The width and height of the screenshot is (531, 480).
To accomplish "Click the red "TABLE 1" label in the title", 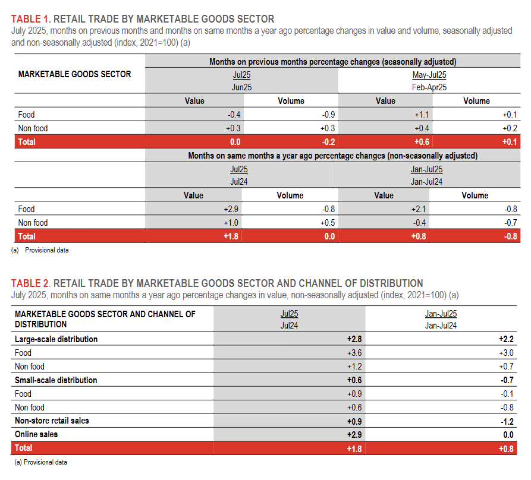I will [31, 19].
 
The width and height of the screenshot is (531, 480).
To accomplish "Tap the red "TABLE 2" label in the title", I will [31, 283].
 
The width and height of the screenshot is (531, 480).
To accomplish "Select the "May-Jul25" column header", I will [429, 75].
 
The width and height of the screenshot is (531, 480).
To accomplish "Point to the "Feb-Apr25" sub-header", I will [429, 87].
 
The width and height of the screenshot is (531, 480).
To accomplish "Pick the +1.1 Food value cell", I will [421, 115].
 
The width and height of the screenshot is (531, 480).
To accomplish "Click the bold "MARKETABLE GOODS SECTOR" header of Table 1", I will [75, 74].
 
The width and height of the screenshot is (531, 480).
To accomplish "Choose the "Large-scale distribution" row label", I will [56, 339].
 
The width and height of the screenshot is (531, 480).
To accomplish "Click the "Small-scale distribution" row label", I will [56, 380].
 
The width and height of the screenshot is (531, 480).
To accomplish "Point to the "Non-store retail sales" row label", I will [52, 421].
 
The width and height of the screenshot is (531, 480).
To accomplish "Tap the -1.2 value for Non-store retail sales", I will [505, 421].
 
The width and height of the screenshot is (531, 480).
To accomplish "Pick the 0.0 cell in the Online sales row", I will [507, 434].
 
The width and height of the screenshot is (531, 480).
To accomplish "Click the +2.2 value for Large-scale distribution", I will [505, 339].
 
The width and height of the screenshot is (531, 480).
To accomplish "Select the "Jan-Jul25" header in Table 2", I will [441, 314].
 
